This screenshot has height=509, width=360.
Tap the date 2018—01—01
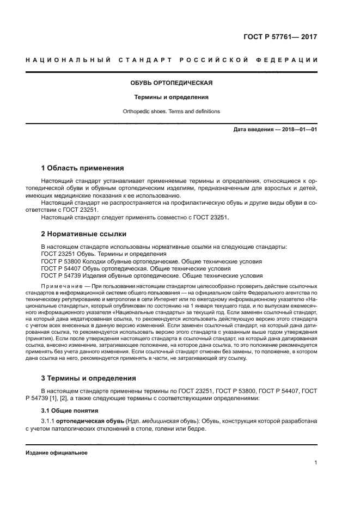click(298, 130)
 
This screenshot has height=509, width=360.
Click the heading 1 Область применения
click(83, 168)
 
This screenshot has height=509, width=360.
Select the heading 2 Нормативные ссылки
click(84, 234)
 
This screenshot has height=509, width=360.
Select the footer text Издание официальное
click(57, 453)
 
